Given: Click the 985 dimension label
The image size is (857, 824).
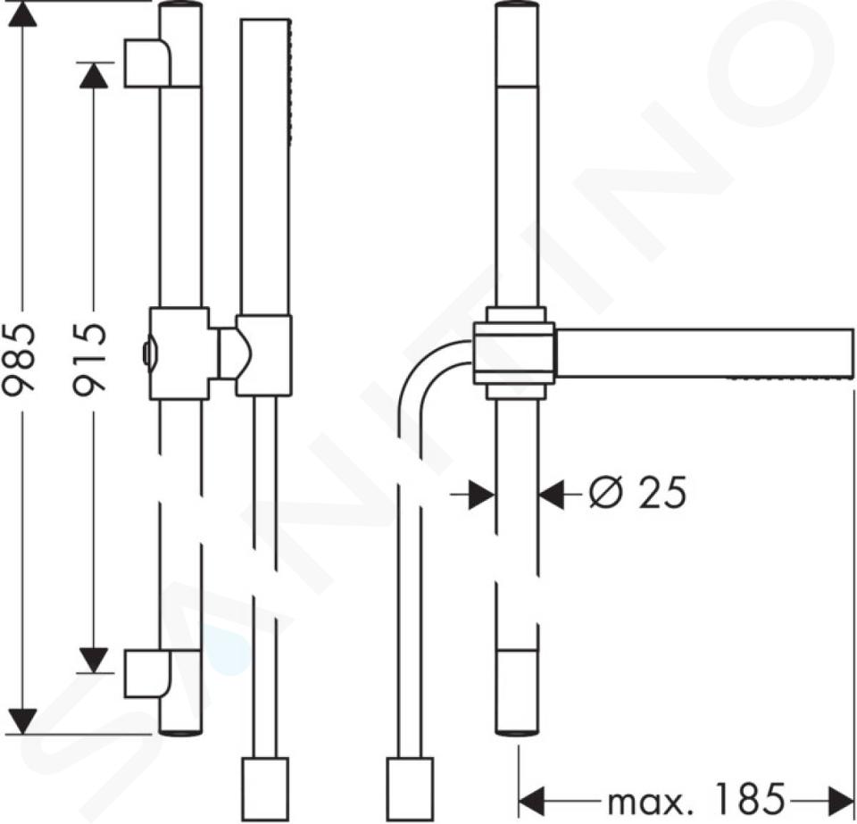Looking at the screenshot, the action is [x=19, y=359].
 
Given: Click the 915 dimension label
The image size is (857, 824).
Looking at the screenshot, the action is [x=88, y=359].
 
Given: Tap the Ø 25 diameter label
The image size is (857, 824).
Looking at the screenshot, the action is [x=637, y=492].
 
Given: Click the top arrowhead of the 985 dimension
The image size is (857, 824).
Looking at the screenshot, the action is [x=23, y=13].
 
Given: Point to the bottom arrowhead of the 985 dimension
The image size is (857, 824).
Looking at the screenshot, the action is [x=23, y=721].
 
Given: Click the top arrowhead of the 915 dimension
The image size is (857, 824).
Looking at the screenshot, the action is [x=94, y=75].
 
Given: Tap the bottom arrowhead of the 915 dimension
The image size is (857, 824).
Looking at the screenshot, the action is [x=94, y=660].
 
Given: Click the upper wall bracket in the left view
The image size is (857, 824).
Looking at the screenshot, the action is [x=147, y=62].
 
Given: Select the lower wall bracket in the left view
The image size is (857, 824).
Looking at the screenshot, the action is [x=147, y=674].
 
